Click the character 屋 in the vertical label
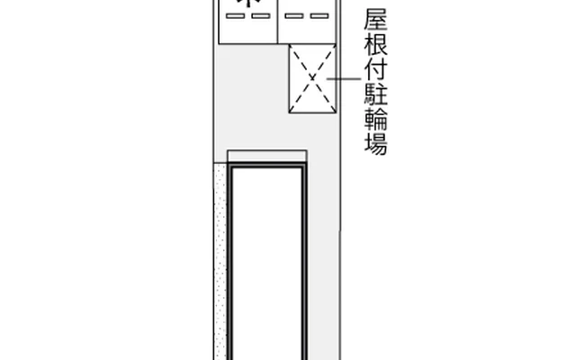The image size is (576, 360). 376,21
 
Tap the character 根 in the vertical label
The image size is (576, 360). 376,45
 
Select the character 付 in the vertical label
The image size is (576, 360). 376,69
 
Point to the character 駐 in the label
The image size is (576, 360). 376,94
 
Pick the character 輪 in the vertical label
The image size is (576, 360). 376,118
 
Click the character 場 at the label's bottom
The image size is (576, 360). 376,142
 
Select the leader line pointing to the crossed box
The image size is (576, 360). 346,79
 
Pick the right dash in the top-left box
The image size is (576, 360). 259,16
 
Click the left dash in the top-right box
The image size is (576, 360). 293,16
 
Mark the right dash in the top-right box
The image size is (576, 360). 318,16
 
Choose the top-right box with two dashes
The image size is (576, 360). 306,22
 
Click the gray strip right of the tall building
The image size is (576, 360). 324,261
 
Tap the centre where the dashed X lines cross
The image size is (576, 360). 312,79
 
